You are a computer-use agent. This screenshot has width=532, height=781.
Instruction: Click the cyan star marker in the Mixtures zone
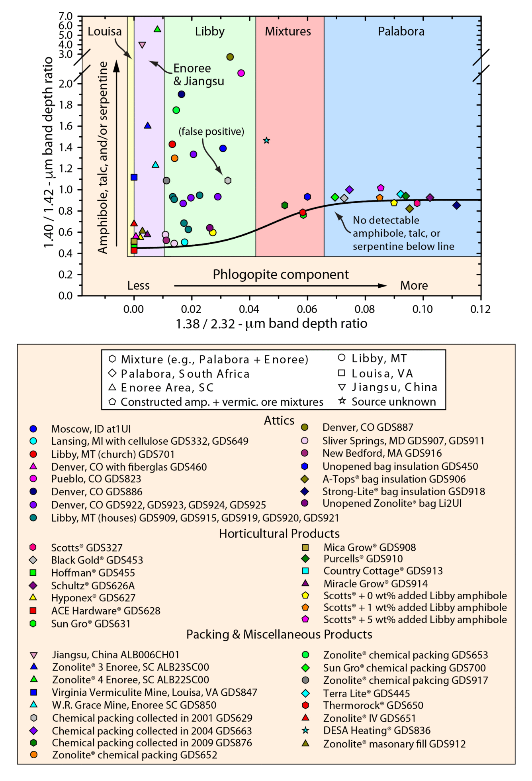coord(267,140)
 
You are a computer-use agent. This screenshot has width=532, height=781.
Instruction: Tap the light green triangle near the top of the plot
coord(157,29)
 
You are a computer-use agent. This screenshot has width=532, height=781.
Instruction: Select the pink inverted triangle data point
coord(142,45)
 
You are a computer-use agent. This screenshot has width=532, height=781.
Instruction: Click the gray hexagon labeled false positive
coord(228,181)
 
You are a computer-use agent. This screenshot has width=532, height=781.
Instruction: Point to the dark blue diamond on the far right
coord(457,205)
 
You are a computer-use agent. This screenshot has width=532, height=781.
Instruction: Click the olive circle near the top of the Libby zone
coord(230,57)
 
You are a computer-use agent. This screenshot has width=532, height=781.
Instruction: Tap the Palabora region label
coord(401,31)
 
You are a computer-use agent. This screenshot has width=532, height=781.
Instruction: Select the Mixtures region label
coord(288,31)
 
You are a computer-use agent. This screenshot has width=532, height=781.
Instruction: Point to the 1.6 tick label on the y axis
coord(66,126)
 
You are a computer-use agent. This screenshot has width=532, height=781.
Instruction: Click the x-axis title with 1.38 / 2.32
coord(271,324)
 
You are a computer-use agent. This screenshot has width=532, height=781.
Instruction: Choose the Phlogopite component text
coord(280,275)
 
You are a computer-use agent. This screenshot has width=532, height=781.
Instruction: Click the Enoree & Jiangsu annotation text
coord(199,75)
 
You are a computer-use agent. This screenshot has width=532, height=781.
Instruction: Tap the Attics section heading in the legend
coord(279,421)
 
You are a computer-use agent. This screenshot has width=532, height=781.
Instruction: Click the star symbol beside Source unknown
coord(342,401)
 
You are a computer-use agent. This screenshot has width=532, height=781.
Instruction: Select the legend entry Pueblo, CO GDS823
coord(96,479)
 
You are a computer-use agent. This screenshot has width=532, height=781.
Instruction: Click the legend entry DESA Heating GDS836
coord(376,730)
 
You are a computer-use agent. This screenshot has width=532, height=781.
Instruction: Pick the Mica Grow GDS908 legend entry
coord(369,547)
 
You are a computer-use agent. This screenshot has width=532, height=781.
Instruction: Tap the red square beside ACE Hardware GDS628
coord(33,610)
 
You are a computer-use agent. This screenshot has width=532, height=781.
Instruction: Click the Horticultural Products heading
coord(279,534)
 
